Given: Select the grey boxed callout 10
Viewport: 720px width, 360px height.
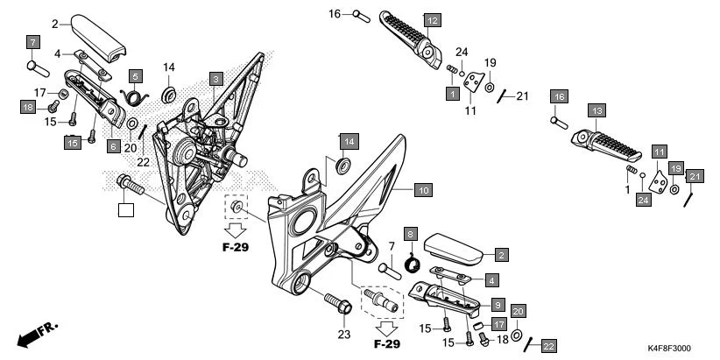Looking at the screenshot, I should [x=423, y=189].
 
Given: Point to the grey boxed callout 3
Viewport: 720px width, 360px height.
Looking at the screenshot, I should [x=215, y=80].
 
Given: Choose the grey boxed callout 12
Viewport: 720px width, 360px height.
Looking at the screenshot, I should [x=432, y=19].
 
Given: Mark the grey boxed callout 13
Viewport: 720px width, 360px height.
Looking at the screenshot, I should [x=596, y=111].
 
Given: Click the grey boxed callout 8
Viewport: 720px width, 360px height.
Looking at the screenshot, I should [x=409, y=234].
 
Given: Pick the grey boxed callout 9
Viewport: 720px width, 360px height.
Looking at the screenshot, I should [x=497, y=304].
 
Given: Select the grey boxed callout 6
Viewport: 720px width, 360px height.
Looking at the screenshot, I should [x=114, y=146].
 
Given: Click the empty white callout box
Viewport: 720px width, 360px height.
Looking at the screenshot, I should [x=127, y=209].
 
